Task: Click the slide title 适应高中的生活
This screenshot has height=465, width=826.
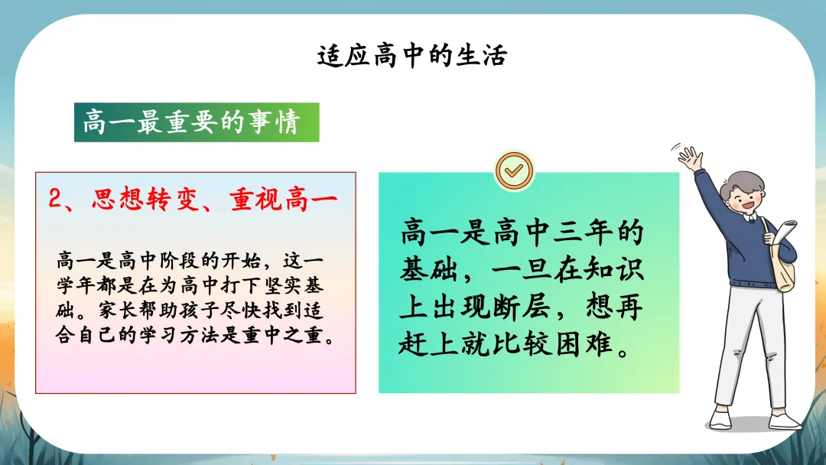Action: point(412,56)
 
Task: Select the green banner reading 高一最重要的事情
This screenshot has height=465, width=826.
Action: point(197,122)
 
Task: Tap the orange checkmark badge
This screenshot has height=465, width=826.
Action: point(514,171)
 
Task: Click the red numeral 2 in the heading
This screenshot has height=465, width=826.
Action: point(55,199)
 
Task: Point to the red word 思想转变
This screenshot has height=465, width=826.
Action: point(145,199)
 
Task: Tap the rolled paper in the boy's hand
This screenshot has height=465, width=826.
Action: point(784,232)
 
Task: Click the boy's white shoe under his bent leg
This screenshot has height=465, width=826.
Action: point(720,419)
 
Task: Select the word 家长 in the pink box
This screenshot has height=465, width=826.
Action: point(119,311)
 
